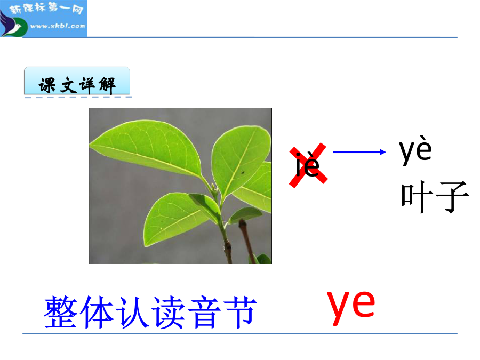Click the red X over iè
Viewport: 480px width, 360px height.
click(x=308, y=165)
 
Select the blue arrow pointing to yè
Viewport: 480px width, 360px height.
click(x=359, y=152)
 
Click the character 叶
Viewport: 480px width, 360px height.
click(x=417, y=196)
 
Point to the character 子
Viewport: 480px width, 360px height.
click(x=452, y=196)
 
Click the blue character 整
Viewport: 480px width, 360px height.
click(x=60, y=312)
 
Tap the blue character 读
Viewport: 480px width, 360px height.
click(x=169, y=312)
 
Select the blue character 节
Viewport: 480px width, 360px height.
click(x=239, y=312)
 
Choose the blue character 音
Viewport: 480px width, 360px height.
click(x=204, y=312)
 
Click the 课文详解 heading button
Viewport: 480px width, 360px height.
click(x=77, y=81)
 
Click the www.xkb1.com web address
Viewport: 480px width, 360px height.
click(x=58, y=26)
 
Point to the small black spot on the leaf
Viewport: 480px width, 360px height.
click(x=243, y=172)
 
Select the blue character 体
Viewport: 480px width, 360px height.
click(x=97, y=312)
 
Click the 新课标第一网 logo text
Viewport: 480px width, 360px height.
click(x=46, y=9)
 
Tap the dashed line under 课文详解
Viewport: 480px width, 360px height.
click(x=78, y=98)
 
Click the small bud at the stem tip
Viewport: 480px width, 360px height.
click(x=214, y=187)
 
